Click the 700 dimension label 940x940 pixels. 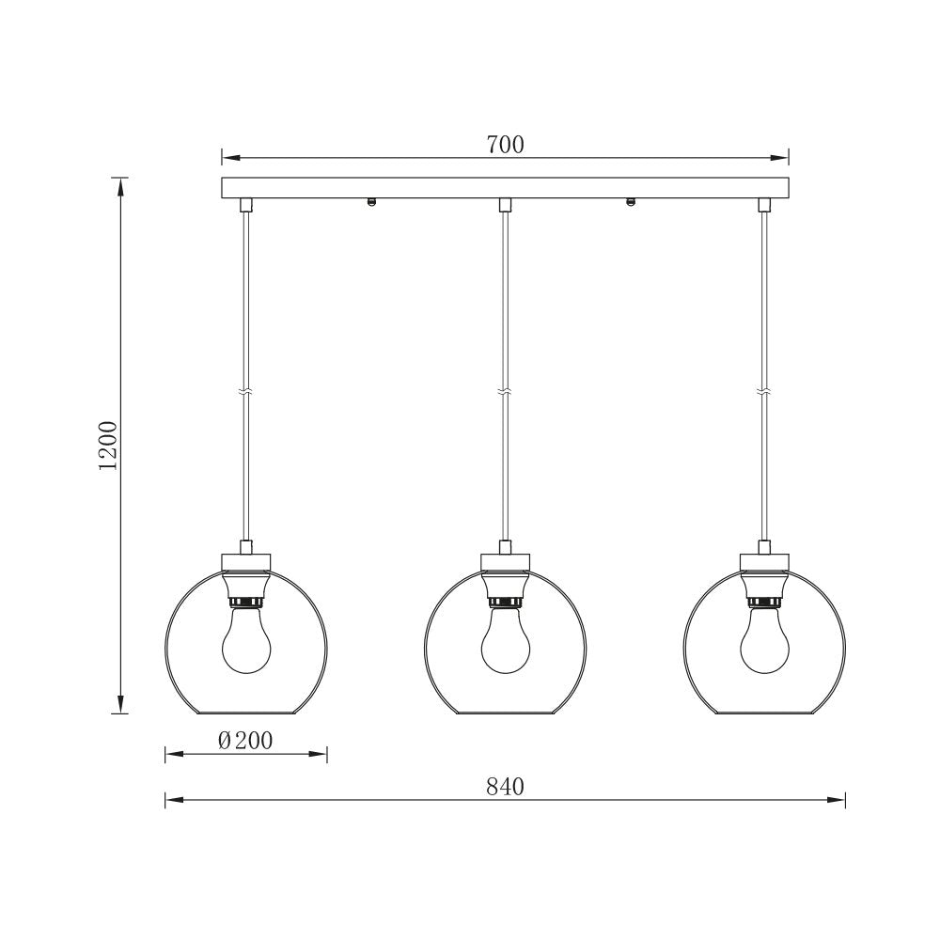click(x=506, y=145)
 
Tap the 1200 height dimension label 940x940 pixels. click(x=109, y=446)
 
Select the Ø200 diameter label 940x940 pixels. click(x=245, y=741)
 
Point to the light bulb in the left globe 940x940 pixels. click(x=245, y=644)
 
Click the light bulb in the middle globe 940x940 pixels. click(x=506, y=644)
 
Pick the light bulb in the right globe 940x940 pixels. click(x=764, y=644)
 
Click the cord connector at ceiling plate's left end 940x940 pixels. click(x=246, y=204)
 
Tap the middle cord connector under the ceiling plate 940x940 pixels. click(x=506, y=204)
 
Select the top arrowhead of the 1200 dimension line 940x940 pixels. click(x=120, y=186)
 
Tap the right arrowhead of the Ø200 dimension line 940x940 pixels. click(x=320, y=753)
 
